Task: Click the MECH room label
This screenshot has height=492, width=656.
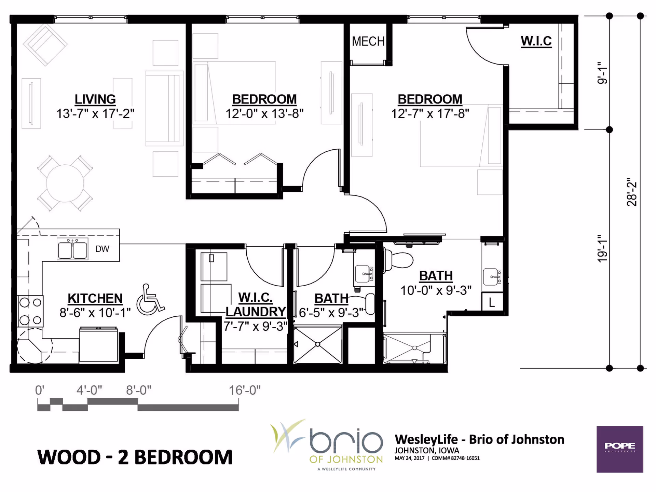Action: tap(368, 41)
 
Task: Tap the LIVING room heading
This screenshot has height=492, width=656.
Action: tap(95, 99)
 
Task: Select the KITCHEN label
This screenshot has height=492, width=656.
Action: tap(95, 298)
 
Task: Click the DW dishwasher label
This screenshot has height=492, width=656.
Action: tap(102, 249)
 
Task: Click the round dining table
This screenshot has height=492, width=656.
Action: tap(65, 183)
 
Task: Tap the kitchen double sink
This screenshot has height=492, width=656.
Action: tap(72, 249)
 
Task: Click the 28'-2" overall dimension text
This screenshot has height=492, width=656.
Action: tap(632, 192)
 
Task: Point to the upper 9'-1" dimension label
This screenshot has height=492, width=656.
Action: tap(603, 73)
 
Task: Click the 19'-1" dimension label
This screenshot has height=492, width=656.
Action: tap(603, 248)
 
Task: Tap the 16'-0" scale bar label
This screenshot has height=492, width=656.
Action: tap(245, 390)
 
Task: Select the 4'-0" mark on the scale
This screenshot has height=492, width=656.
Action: tap(89, 390)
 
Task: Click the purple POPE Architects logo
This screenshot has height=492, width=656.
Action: tap(620, 449)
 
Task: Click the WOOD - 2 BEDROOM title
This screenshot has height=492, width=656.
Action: tap(135, 457)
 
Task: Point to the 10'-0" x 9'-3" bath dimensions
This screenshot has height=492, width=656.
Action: tap(436, 290)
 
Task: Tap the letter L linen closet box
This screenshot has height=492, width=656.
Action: tap(492, 302)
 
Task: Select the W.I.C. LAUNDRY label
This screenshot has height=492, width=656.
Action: tap(256, 304)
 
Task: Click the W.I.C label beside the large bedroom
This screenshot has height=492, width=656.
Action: tap(536, 41)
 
